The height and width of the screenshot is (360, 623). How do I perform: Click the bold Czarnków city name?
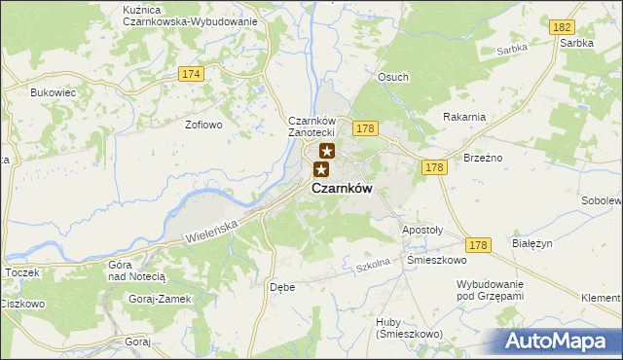[342, 189]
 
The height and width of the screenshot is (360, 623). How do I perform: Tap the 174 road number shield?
[191, 74]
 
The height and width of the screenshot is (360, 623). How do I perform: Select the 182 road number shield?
[561, 31]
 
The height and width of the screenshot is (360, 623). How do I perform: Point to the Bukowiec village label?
[53, 92]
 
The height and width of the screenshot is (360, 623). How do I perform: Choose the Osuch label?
[393, 77]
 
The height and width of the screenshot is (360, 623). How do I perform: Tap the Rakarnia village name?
[463, 117]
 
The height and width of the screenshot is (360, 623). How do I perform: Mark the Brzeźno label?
[484, 157]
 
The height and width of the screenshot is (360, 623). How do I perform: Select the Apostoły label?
[422, 231]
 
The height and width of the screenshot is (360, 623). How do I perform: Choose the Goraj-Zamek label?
[160, 299]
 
